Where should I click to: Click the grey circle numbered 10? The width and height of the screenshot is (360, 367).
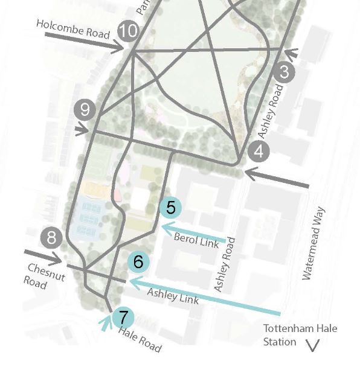coord(127,31)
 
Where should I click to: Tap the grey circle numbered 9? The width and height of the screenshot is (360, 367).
coord(85,110)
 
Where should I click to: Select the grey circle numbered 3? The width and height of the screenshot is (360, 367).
coord(284,73)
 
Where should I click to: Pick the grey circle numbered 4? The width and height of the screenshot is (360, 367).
coord(259,152)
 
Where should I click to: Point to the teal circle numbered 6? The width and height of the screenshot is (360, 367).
coord(138,262)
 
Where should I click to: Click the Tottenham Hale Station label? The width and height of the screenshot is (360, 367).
coord(300,335)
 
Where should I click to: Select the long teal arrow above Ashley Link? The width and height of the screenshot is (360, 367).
coord(205,297)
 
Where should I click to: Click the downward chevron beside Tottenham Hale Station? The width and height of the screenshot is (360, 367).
coord(313,345)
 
